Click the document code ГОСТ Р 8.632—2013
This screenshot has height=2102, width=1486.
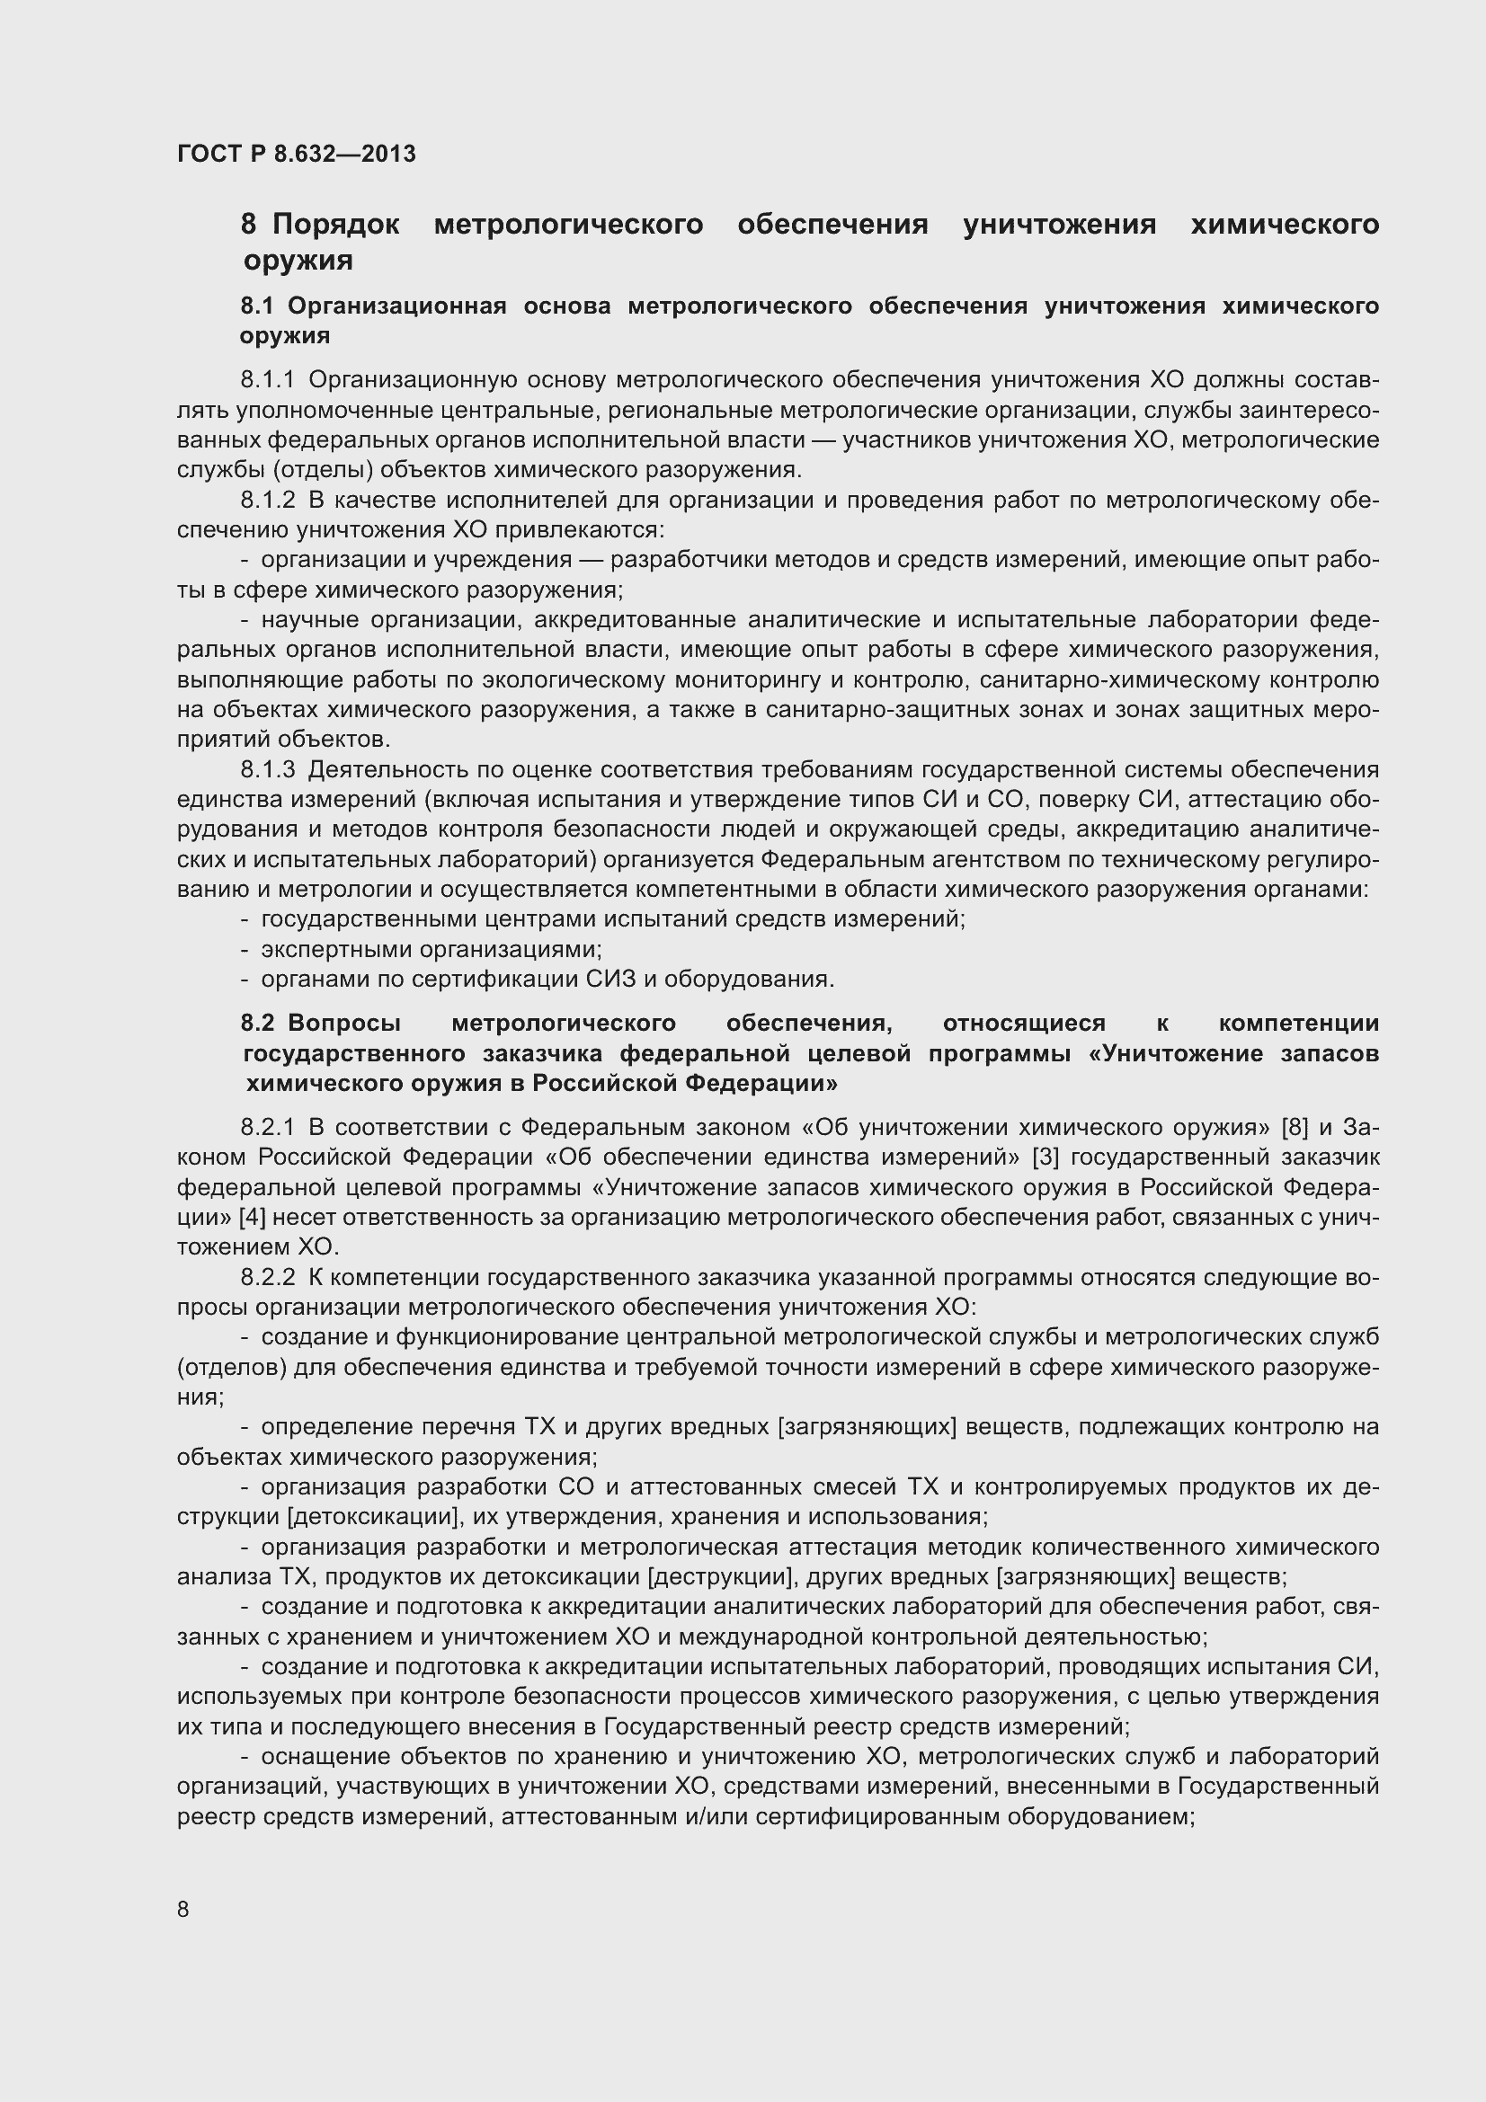296,154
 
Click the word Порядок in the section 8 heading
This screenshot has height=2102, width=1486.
335,225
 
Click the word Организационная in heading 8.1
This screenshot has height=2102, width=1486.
396,306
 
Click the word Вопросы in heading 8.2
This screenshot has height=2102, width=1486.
343,1023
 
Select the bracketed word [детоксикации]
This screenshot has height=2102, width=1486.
373,1517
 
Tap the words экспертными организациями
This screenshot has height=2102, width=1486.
431,949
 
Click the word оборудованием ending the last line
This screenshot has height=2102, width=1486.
1101,1817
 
